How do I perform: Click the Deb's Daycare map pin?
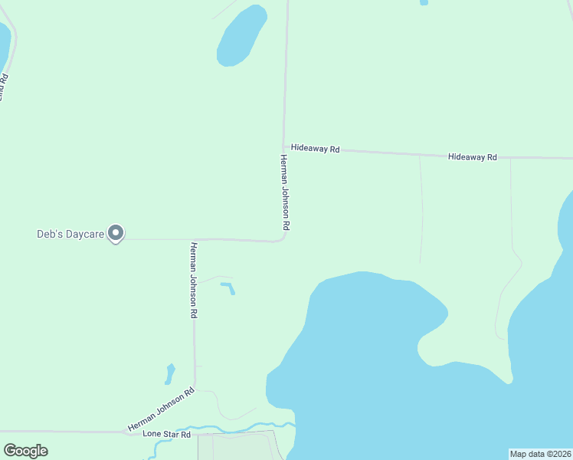(x=116, y=232)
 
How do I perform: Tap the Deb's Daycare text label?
(x=70, y=234)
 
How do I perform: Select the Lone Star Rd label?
(x=166, y=434)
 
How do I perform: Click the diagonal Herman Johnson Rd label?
(x=161, y=409)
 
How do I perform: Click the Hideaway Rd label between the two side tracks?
(x=473, y=156)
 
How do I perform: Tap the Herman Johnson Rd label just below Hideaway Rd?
(x=284, y=192)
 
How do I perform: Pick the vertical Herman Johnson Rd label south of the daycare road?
(x=195, y=280)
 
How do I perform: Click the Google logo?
(x=26, y=451)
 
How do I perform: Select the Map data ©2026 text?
(x=540, y=453)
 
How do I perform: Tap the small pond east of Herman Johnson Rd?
(x=228, y=287)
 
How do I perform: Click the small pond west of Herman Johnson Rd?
(x=169, y=374)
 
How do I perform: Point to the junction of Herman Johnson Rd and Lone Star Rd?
(x=126, y=432)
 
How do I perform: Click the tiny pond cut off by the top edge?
(x=424, y=2)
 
